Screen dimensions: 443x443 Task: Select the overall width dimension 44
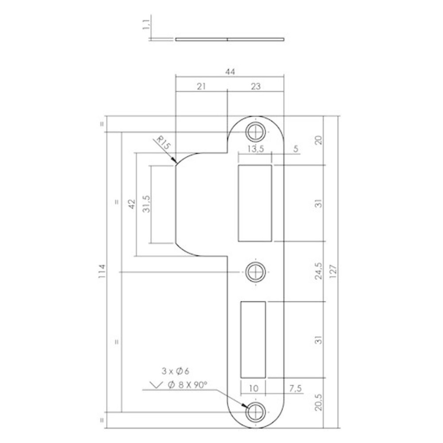(229, 71)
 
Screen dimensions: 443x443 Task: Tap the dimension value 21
(201, 87)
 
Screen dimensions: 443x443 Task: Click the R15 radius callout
(163, 145)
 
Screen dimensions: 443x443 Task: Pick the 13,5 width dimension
(255, 149)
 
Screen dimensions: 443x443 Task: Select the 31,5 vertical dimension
(146, 205)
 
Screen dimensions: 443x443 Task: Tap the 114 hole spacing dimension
(102, 271)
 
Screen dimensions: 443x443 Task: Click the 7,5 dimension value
(296, 389)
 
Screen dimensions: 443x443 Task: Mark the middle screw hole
(255, 271)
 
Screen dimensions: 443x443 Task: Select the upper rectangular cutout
(255, 203)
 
